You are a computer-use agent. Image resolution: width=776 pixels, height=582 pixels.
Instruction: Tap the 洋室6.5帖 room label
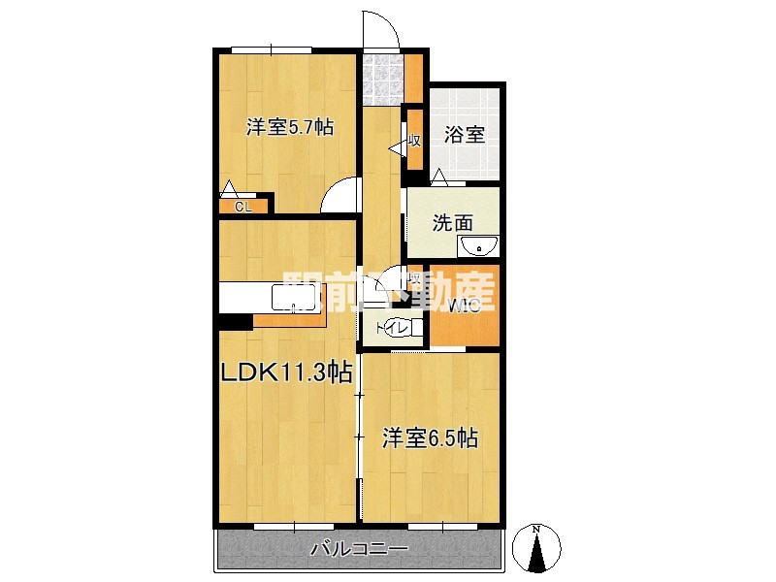430,437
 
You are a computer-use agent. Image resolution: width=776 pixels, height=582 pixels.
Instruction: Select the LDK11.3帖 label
287,372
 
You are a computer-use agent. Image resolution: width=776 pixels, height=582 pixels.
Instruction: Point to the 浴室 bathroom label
465,135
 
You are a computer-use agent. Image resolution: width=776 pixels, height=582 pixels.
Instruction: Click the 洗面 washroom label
452,221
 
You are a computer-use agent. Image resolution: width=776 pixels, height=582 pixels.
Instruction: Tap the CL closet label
242,206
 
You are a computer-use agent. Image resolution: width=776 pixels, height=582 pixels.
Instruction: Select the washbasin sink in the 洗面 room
476,245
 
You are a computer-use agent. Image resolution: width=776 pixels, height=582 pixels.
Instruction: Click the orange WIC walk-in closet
464,308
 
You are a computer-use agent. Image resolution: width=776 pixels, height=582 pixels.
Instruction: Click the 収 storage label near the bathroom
414,141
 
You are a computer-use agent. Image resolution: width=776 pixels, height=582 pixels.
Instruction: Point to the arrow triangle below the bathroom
439,177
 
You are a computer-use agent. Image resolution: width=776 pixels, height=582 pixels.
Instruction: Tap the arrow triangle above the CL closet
229,188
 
